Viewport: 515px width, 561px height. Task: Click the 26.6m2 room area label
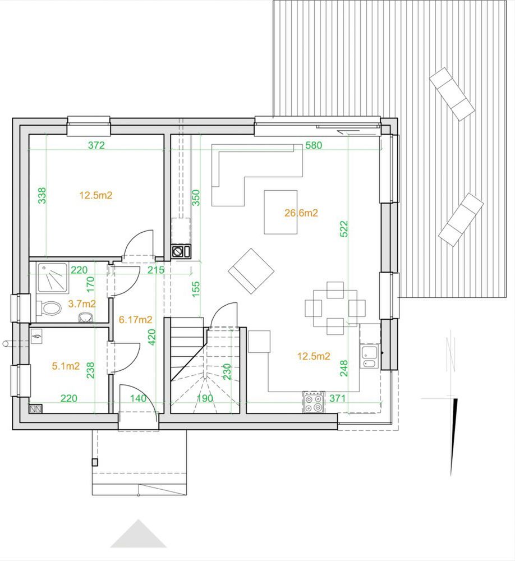tap(301, 213)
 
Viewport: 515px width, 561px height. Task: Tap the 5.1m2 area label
tap(66, 366)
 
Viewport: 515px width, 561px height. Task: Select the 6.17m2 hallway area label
tap(136, 320)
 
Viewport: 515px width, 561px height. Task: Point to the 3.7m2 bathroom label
tap(82, 304)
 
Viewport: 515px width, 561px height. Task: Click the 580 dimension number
tap(314, 145)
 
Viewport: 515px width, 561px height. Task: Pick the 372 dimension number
tap(96, 145)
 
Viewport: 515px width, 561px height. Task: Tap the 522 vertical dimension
tap(343, 229)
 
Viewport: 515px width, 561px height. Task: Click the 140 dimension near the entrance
tap(138, 398)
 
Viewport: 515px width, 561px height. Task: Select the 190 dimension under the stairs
tap(205, 398)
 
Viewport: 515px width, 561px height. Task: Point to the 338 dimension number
tap(42, 195)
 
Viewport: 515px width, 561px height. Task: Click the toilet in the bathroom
tap(49, 307)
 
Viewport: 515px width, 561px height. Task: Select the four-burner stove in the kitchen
tap(314, 402)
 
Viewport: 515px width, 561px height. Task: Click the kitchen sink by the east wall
tap(370, 356)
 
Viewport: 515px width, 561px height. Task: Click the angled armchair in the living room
tap(251, 271)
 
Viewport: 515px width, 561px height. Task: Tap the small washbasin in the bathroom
tap(85, 317)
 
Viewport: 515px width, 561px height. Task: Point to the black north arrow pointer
tap(454, 437)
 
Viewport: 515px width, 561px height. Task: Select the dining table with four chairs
tap(335, 308)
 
